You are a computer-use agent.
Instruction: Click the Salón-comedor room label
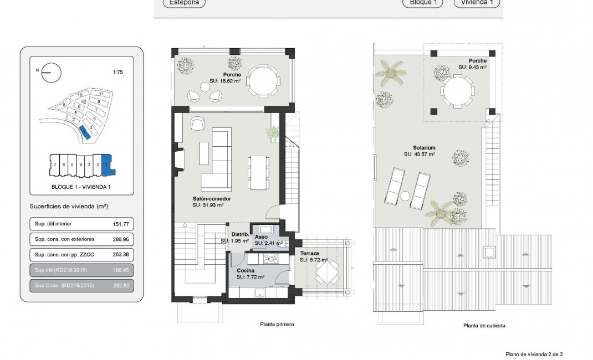[211, 198]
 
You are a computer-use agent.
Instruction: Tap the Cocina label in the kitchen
[246, 270]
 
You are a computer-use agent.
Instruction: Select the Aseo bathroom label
[261, 236]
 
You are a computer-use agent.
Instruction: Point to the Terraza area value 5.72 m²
[314, 260]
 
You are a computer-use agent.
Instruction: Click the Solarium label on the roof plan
[423, 148]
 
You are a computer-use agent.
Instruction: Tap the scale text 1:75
[117, 72]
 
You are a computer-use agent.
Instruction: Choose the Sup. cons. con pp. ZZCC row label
[60, 255]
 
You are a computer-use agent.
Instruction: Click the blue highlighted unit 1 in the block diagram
[106, 164]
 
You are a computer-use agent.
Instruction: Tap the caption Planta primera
[277, 325]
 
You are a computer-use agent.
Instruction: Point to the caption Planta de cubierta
[484, 326]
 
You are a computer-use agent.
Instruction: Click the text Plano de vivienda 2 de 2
[534, 353]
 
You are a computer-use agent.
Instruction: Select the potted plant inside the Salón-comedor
[273, 133]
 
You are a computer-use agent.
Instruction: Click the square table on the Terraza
[327, 272]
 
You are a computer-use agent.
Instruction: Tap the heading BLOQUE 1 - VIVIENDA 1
[81, 187]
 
